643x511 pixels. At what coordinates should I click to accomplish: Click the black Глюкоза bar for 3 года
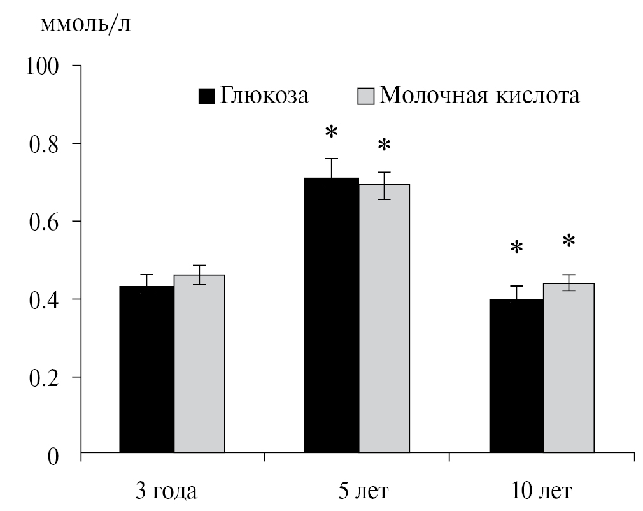coord(146,370)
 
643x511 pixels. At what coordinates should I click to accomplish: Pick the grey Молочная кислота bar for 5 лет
coord(384,319)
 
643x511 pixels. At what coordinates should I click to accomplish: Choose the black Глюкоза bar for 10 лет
coord(516,376)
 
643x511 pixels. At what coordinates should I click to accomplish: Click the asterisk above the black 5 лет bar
coord(332,133)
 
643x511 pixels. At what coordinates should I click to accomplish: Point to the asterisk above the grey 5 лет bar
coord(384,146)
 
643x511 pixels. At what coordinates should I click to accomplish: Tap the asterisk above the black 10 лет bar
coord(516,248)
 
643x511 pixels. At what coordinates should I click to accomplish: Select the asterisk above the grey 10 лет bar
coord(569,241)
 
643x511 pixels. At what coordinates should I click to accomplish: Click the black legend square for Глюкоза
coord(207,96)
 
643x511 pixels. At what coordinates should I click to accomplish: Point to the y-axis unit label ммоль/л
coord(87,25)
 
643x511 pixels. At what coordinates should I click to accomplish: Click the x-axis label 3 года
coord(167,492)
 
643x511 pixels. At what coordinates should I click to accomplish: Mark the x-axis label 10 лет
coord(542,492)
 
